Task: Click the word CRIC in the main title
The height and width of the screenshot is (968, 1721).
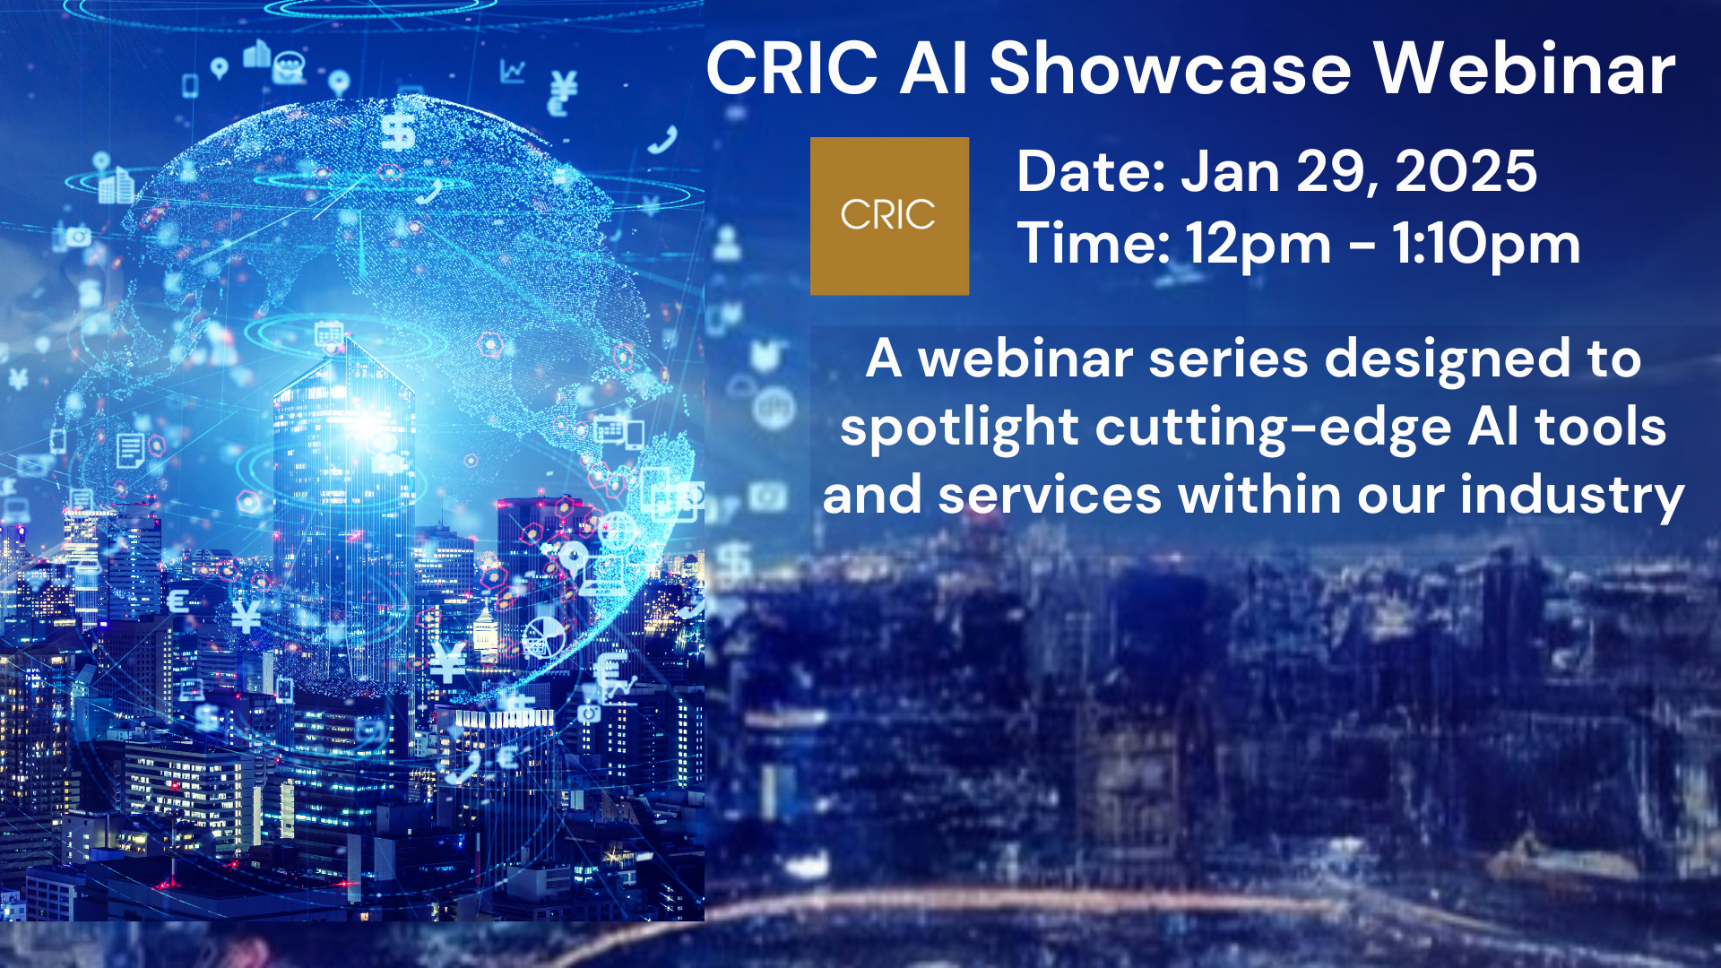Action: click(792, 68)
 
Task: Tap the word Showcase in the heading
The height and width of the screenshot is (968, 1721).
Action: click(1170, 68)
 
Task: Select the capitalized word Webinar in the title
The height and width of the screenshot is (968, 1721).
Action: click(1524, 68)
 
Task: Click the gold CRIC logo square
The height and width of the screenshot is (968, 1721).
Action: click(889, 216)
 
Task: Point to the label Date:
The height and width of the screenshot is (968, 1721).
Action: click(1091, 171)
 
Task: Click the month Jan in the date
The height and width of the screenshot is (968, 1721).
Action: click(1230, 171)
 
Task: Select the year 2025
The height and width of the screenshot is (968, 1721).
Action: click(1466, 171)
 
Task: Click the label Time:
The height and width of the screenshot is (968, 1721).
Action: click(1093, 243)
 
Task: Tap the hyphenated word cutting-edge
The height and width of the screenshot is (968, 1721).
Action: click(1273, 428)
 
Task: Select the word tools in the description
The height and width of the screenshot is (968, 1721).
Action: click(1601, 427)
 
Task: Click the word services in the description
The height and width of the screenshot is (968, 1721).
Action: click(1050, 496)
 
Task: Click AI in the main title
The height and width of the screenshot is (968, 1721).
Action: click(933, 68)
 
